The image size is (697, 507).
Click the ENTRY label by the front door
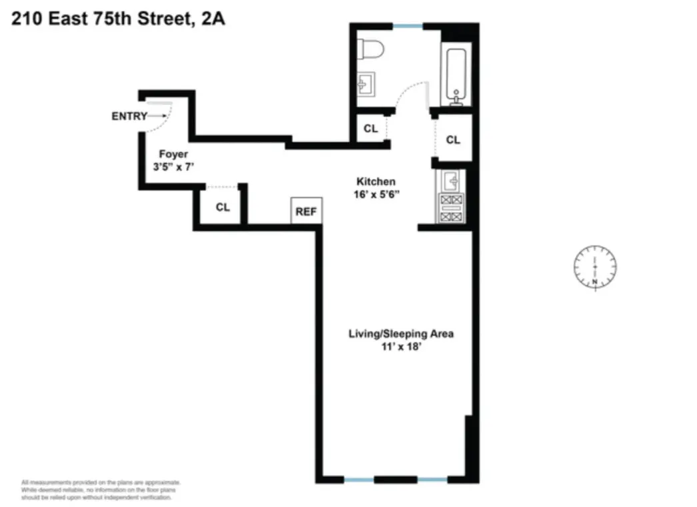coord(129,116)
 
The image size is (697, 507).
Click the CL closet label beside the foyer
coord(222,207)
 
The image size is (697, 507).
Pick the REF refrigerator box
coord(307,211)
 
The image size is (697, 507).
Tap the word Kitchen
coord(376,181)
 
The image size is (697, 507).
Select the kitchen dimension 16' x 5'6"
coord(376,194)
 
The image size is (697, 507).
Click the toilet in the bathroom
coord(368,49)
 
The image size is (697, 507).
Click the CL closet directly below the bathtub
coord(453,140)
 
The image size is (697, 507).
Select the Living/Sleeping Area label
coord(401,334)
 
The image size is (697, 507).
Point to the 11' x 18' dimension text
coord(401,346)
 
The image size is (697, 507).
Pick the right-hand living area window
coord(432,479)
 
